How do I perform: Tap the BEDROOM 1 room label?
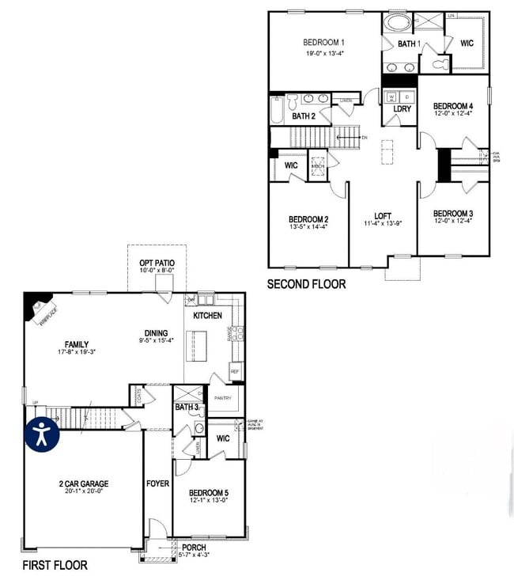click(324, 43)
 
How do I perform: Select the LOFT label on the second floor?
click(383, 215)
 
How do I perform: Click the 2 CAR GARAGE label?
click(83, 484)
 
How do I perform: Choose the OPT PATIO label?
click(157, 263)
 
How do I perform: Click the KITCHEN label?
click(207, 316)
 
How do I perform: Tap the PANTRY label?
click(222, 399)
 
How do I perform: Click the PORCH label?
click(194, 547)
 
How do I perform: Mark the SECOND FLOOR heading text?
click(306, 284)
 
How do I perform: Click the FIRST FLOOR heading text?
click(55, 565)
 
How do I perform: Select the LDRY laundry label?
click(402, 108)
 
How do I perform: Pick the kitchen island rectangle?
click(196, 346)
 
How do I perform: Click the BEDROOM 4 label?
click(453, 106)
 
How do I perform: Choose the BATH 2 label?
click(304, 116)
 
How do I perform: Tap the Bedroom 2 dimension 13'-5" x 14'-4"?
click(308, 227)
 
